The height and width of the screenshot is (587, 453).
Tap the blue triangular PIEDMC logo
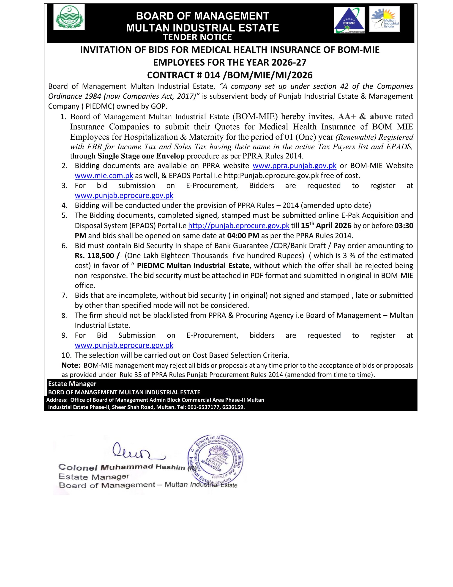tap(349, 20)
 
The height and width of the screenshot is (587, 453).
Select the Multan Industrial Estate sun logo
tap(384, 19)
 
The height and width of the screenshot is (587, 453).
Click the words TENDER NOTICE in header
tap(197, 37)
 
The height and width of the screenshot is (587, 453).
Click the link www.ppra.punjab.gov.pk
tap(295, 166)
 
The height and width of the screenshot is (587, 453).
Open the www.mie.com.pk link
tap(104, 176)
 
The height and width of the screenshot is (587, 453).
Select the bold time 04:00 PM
tap(243, 236)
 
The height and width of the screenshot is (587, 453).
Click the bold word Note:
tap(71, 365)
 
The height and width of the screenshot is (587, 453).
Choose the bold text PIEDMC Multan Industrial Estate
tap(193, 266)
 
